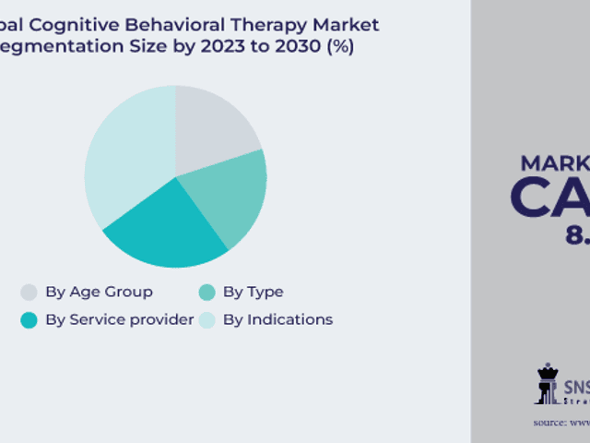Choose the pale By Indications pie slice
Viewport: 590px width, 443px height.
click(124, 157)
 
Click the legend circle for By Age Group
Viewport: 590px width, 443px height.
click(29, 293)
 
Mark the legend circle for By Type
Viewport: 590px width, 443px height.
click(206, 293)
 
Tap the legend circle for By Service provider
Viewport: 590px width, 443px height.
click(29, 320)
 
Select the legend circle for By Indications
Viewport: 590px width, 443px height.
click(206, 320)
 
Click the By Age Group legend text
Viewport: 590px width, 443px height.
click(99, 293)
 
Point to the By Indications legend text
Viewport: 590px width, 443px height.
click(277, 320)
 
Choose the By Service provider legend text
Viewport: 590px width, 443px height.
click(119, 320)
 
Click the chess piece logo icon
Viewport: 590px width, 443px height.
click(548, 383)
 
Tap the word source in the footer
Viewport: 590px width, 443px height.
click(550, 423)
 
